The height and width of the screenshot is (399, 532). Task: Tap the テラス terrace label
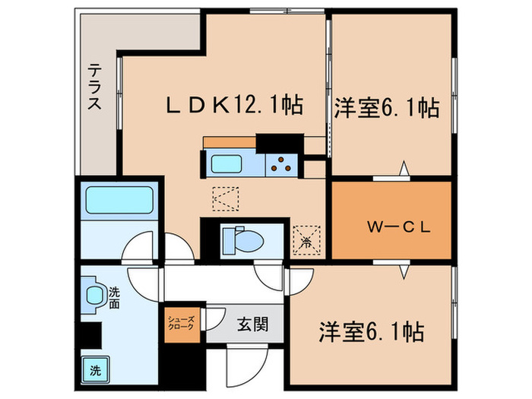click(x=94, y=87)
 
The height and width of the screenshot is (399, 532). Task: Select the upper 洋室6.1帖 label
click(x=386, y=108)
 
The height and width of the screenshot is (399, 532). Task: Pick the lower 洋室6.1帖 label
click(x=370, y=332)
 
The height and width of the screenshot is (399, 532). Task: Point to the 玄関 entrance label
click(x=251, y=325)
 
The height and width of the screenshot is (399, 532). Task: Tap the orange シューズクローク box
click(x=182, y=325)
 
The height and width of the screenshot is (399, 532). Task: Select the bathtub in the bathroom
click(x=121, y=199)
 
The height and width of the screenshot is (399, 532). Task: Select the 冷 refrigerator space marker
click(x=306, y=240)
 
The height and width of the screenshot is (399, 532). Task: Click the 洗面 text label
click(x=114, y=296)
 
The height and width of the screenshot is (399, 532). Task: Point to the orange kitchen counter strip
click(x=229, y=142)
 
